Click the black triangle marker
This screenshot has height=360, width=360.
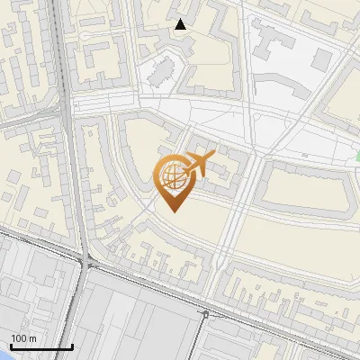[181, 24]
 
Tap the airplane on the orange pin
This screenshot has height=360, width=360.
[198, 164]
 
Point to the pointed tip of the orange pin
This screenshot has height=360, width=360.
[174, 212]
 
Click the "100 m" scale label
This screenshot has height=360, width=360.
[24, 338]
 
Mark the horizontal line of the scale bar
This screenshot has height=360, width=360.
[41, 347]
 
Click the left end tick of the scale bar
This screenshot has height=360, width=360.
[11, 346]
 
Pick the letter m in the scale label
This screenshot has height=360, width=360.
[33, 338]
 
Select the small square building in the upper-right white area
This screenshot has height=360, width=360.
[321, 58]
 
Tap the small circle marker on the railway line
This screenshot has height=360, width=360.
[206, 314]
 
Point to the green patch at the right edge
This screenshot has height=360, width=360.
[357, 156]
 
